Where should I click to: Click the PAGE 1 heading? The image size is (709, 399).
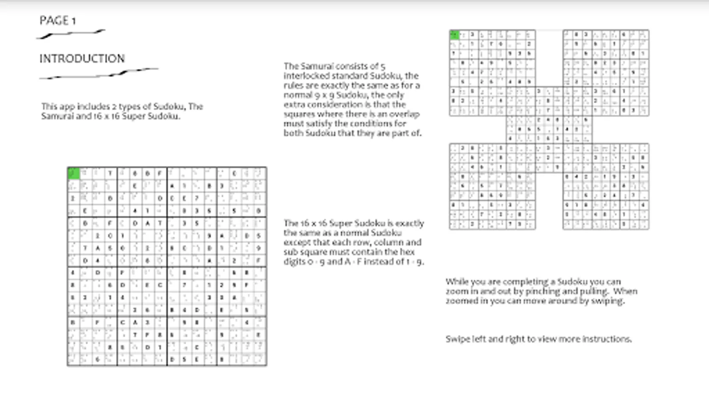(58, 20)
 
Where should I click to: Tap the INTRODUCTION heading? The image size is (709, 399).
(82, 59)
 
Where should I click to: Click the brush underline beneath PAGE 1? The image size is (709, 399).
(71, 34)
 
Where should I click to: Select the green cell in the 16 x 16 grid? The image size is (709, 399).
(74, 173)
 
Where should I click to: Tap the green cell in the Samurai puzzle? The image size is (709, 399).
(454, 35)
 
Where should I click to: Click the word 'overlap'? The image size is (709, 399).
(404, 114)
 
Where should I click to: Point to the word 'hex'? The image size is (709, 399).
(408, 252)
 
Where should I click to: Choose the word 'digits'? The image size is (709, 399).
(295, 262)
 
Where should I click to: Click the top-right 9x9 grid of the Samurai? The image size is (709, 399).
(606, 73)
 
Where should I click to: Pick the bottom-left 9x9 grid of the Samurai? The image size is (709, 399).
(492, 186)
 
